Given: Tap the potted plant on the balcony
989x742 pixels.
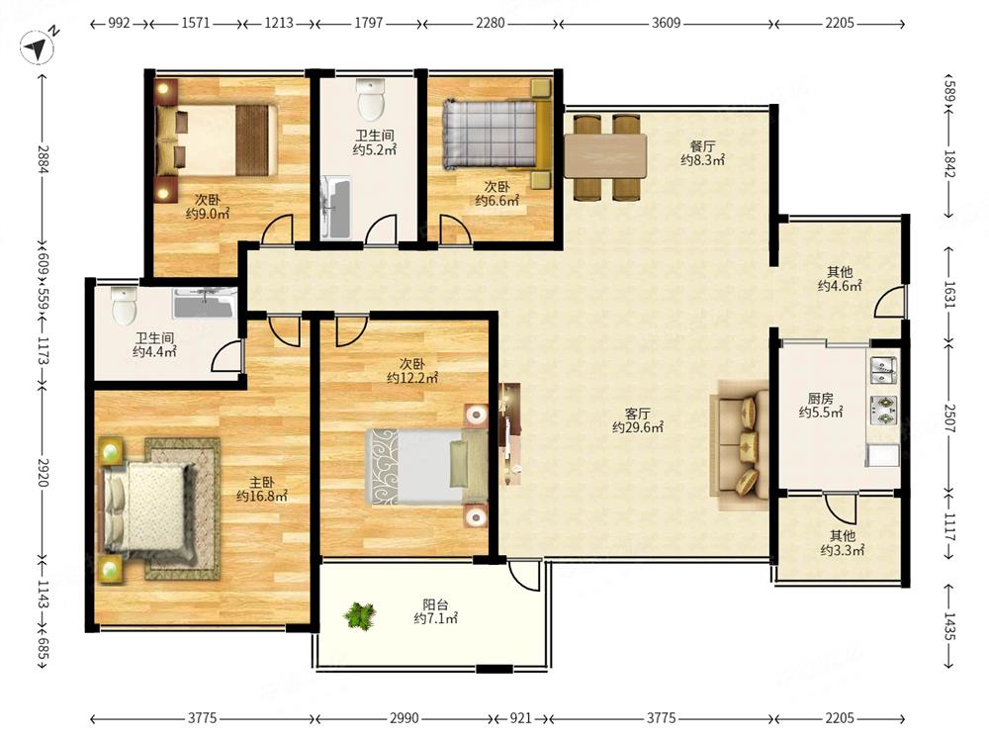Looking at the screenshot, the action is (360, 615).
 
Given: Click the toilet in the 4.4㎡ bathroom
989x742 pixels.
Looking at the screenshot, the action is (125, 305).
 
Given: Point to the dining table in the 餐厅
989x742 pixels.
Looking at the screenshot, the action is (605, 156).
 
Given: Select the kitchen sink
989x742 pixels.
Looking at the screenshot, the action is (883, 370).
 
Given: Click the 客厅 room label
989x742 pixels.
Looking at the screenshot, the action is (637, 414).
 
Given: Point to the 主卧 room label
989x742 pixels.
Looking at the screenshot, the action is (261, 482).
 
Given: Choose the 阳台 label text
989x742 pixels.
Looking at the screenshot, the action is (435, 603).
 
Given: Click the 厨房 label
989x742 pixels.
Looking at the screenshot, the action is (820, 399).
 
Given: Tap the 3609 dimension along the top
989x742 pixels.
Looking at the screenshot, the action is (666, 24).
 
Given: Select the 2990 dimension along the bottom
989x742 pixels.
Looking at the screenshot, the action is (404, 718).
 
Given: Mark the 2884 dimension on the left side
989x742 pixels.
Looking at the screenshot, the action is (43, 159).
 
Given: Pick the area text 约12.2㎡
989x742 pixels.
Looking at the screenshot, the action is (411, 378).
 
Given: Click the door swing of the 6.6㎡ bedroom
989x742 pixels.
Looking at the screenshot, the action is (455, 230).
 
